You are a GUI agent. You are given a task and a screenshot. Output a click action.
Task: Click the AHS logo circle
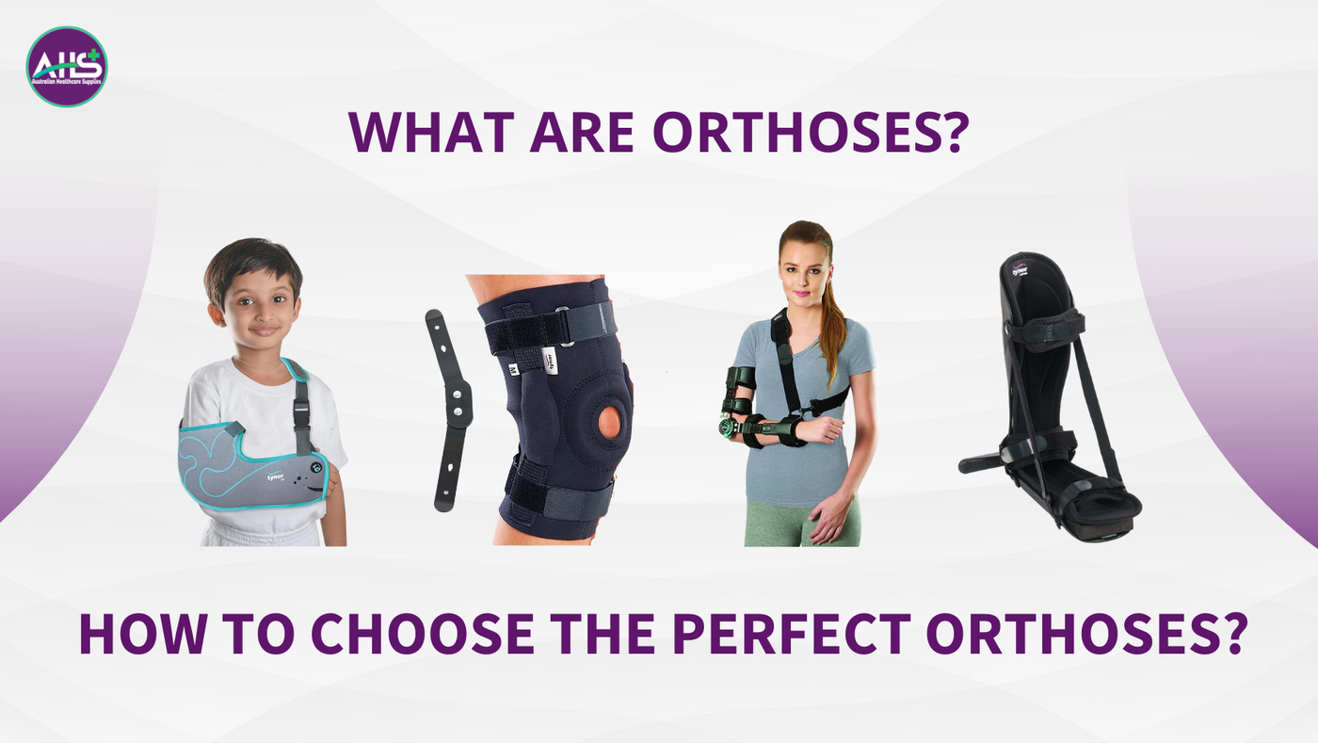click(x=67, y=67)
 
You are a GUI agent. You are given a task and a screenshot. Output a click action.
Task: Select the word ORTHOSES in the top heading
click(x=811, y=133)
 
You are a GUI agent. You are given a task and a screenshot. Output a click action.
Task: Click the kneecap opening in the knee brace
click(x=610, y=423)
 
